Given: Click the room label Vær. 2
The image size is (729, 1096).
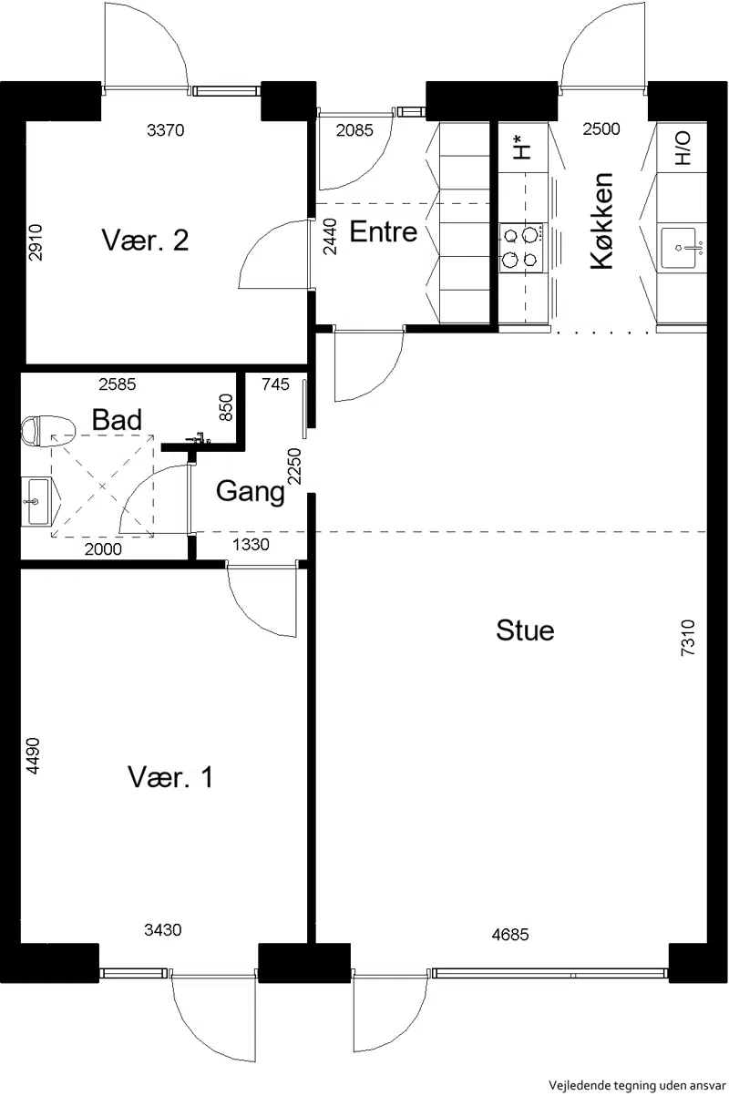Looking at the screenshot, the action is click(x=145, y=240).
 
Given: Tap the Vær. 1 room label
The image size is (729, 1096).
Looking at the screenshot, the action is click(x=170, y=776).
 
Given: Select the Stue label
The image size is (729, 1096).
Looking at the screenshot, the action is click(x=525, y=630).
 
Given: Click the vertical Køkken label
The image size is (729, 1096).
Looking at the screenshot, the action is click(x=601, y=221).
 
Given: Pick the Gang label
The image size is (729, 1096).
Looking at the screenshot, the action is click(x=250, y=491).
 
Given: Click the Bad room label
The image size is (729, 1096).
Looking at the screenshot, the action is click(x=117, y=419).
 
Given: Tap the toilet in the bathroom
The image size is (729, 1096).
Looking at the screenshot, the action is click(x=49, y=431).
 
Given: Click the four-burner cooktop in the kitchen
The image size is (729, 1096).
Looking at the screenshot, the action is click(x=521, y=248).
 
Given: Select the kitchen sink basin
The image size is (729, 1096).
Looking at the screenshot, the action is click(x=678, y=248).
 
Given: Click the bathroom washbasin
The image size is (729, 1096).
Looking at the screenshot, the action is click(x=36, y=501).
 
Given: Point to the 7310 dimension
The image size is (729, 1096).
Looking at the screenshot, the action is click(x=687, y=638).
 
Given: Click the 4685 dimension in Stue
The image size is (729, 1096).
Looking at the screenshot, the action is click(x=510, y=935).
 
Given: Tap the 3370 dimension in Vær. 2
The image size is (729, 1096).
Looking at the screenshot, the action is click(x=165, y=130).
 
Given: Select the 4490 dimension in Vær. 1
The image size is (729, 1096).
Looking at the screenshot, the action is click(x=34, y=756).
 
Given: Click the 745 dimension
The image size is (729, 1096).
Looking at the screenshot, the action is click(x=275, y=384).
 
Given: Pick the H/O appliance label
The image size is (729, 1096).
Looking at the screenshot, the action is click(x=682, y=148).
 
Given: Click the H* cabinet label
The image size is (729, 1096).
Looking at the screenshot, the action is click(x=522, y=148).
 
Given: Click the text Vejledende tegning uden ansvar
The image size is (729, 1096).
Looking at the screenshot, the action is click(x=637, y=1085).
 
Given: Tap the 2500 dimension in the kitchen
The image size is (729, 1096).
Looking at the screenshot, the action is click(x=601, y=128).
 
